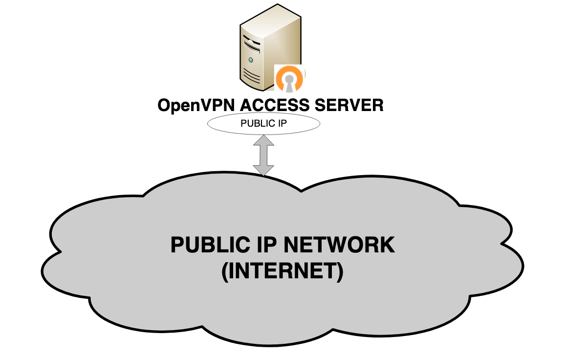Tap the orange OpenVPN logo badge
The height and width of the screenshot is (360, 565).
[x=290, y=78]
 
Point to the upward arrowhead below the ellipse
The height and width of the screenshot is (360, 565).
[x=264, y=139]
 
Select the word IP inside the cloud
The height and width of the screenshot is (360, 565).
[x=263, y=245]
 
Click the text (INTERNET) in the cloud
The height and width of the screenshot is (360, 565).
[x=282, y=272]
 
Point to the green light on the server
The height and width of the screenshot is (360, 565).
[x=251, y=60]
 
